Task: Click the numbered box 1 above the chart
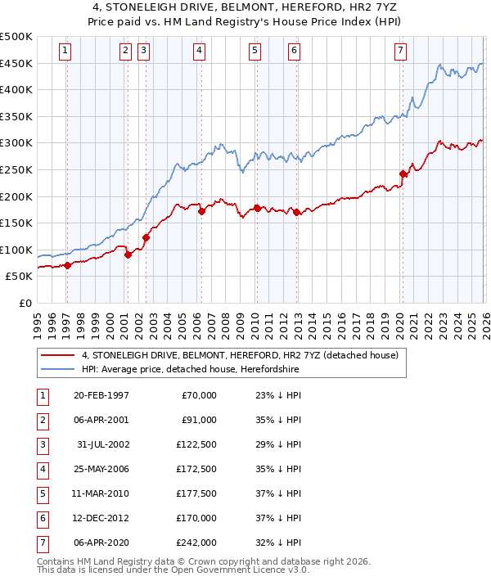(x=65, y=51)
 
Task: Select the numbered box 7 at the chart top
(x=400, y=51)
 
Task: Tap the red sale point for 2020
(x=403, y=173)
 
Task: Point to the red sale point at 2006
(x=201, y=211)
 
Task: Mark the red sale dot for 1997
(x=68, y=264)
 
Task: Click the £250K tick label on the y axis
(x=16, y=169)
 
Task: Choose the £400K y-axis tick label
(x=16, y=89)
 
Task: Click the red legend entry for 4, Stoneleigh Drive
(x=240, y=355)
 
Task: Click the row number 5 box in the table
(x=42, y=493)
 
